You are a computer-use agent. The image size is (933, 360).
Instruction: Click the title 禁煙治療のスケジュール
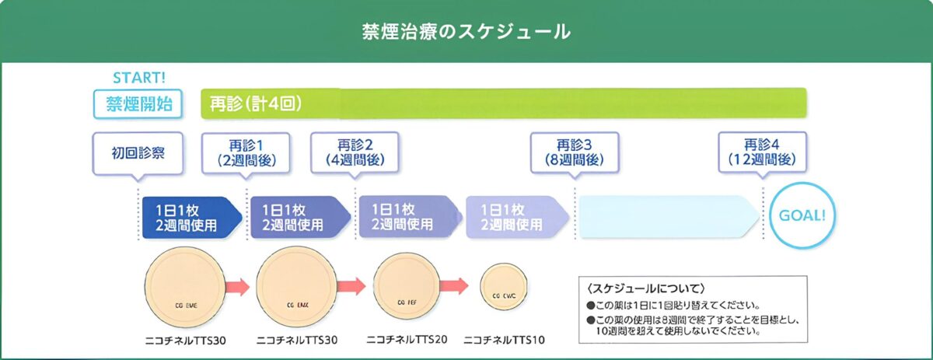pyautogui.click(x=466, y=31)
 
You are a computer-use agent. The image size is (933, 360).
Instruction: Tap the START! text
pyautogui.click(x=139, y=77)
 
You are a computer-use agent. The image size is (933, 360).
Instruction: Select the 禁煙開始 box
pyautogui.click(x=139, y=103)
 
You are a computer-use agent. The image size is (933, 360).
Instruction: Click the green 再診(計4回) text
pyautogui.click(x=256, y=103)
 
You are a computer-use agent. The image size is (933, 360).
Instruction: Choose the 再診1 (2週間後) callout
pyautogui.click(x=246, y=153)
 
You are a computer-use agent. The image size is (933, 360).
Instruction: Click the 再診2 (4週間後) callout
pyautogui.click(x=355, y=153)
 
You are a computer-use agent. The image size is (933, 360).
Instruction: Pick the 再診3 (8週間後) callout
pyautogui.click(x=575, y=153)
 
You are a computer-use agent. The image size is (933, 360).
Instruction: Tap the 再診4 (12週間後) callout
pyautogui.click(x=762, y=153)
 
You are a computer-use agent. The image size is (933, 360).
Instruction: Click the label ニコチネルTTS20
pyautogui.click(x=407, y=339)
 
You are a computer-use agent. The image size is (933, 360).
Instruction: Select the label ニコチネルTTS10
pyautogui.click(x=506, y=339)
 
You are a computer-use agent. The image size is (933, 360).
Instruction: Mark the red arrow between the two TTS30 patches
pyautogui.click(x=239, y=286)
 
